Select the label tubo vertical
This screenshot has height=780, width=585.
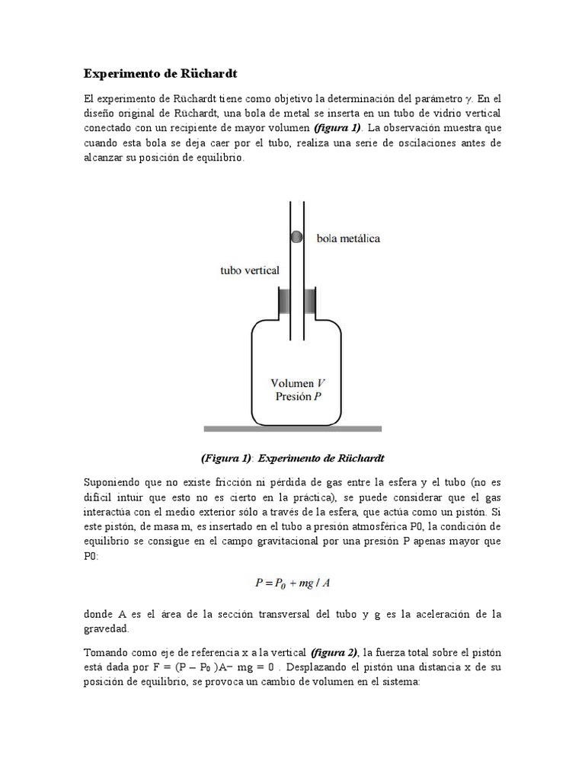[x=249, y=270]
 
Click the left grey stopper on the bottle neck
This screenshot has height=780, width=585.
[x=283, y=302]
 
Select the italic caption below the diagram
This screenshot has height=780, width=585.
[x=293, y=458]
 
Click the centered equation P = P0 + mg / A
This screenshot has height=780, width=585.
[x=292, y=583]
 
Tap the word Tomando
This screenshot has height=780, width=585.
[x=107, y=652]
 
